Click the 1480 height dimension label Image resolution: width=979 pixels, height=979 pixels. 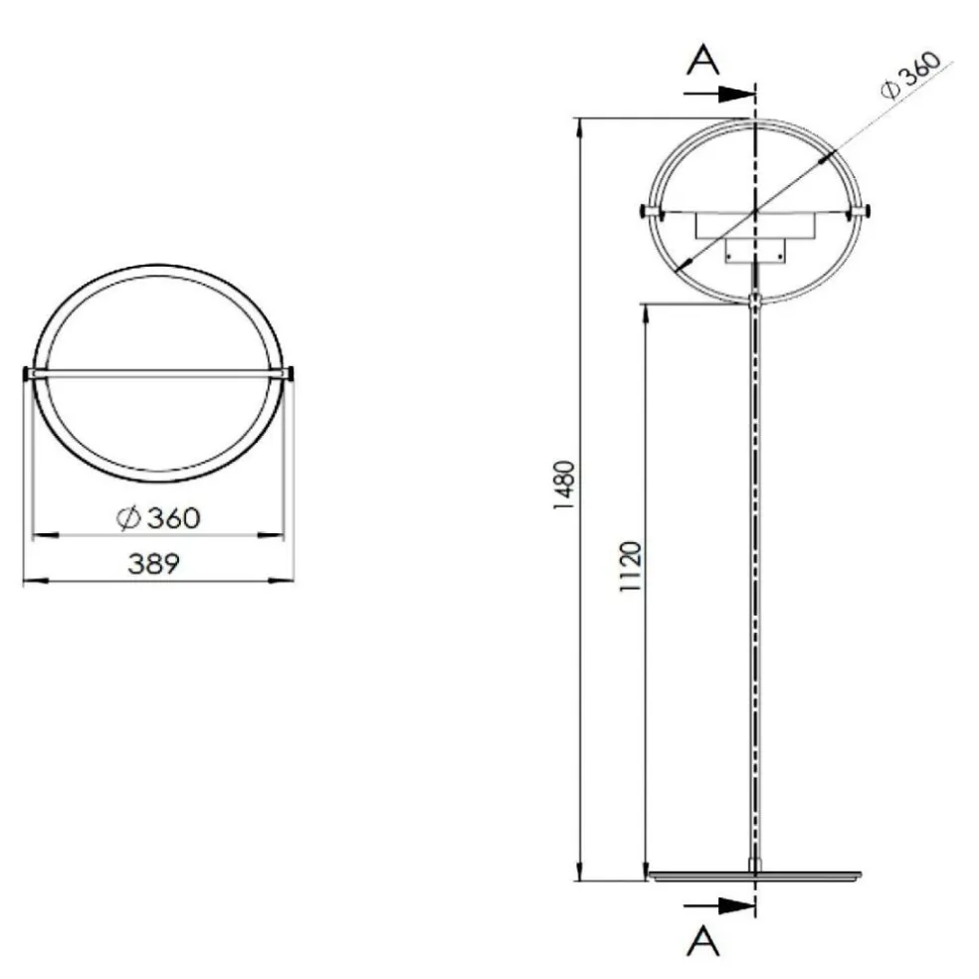click(564, 485)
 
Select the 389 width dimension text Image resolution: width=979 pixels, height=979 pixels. click(154, 564)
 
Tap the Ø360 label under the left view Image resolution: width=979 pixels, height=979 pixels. click(158, 518)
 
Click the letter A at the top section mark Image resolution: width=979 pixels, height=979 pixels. click(703, 61)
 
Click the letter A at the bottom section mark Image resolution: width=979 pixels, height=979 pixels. click(703, 938)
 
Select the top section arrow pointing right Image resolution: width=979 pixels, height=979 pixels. click(721, 94)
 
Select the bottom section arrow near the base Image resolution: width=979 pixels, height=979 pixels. click(721, 904)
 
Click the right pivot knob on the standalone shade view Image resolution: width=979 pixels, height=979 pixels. click(292, 374)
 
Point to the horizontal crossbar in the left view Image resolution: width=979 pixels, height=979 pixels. click(158, 374)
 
